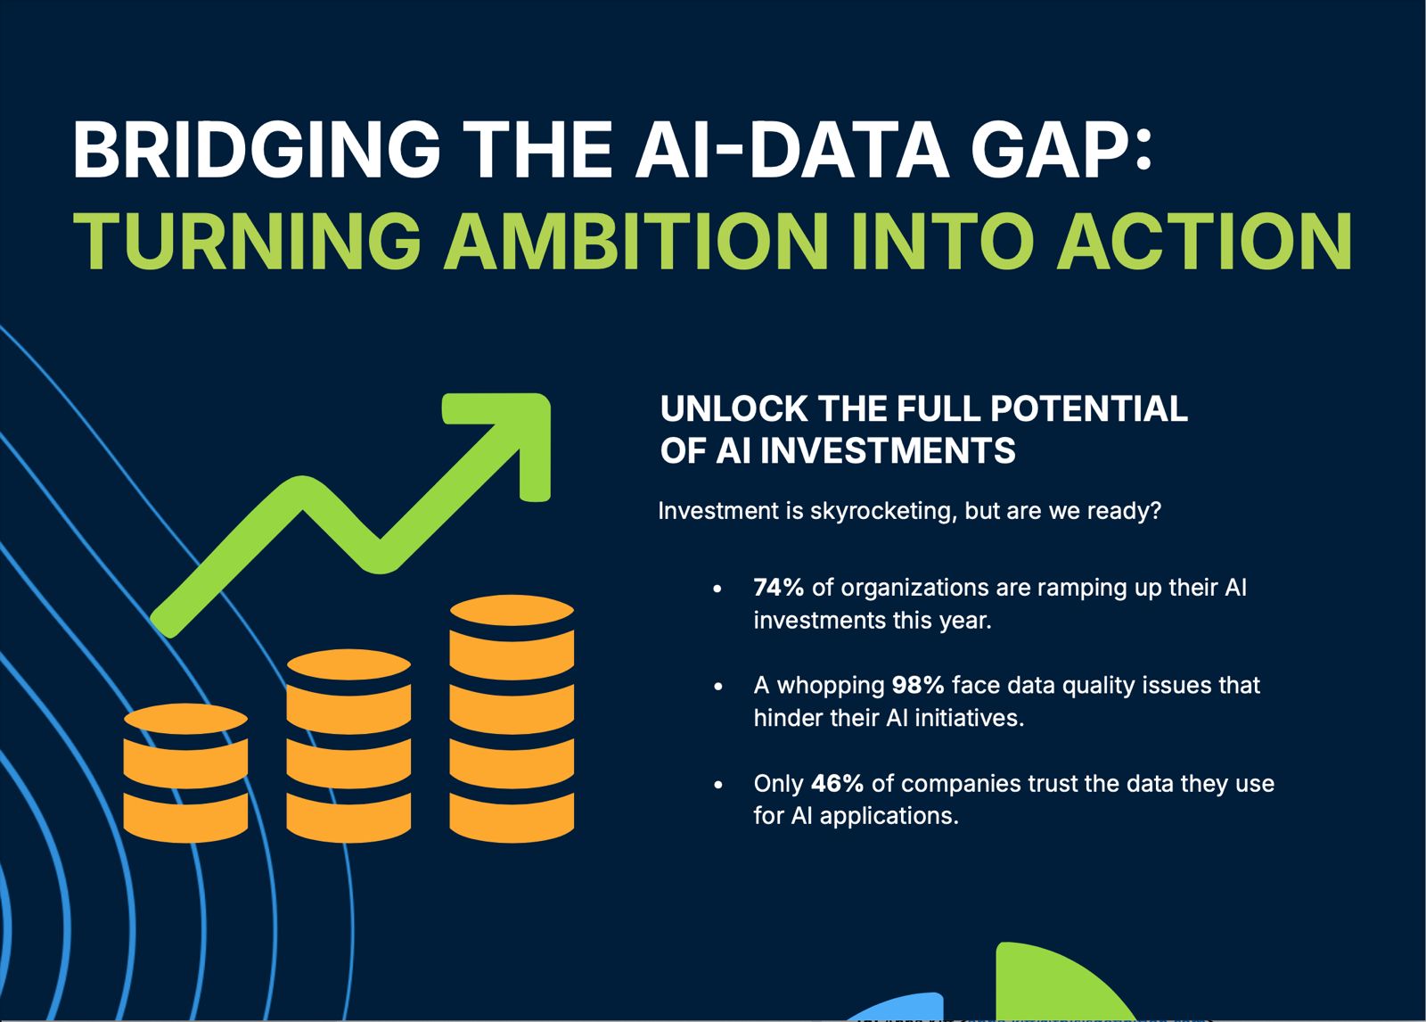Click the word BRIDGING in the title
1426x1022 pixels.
tap(257, 149)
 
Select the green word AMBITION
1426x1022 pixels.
tap(637, 241)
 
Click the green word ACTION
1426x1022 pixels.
tap(1204, 241)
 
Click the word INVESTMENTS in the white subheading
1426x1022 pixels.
tap(888, 450)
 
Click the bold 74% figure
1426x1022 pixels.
tap(779, 588)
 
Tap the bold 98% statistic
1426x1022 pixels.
tap(918, 685)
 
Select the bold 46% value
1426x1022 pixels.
tap(837, 783)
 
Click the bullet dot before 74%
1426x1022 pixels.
tap(718, 589)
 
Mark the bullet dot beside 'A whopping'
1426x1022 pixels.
tap(718, 687)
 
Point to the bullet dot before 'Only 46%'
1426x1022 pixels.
tap(718, 785)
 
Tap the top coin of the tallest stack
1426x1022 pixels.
tap(512, 610)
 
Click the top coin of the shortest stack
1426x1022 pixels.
tap(185, 719)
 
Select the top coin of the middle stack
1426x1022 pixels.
tap(348, 664)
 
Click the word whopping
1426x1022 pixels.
tap(831, 686)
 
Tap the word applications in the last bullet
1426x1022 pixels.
tap(889, 816)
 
